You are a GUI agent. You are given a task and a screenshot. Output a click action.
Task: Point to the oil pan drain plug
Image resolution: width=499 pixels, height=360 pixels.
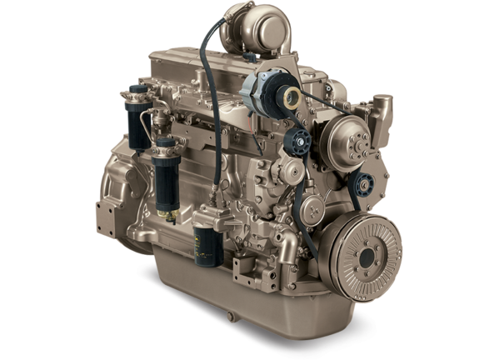(x=227, y=317)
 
